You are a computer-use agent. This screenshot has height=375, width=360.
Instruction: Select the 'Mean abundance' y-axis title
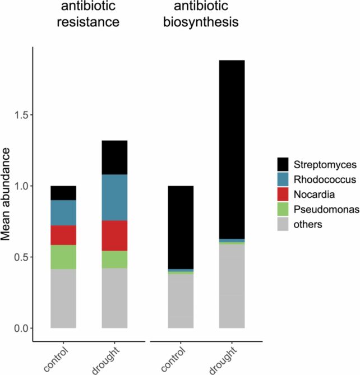[x=7, y=193]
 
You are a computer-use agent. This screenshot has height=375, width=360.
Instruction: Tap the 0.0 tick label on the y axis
[x=19, y=328]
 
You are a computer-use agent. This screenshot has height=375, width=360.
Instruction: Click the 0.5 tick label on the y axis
[x=19, y=257]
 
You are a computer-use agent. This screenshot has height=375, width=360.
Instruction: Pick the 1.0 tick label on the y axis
[x=19, y=186]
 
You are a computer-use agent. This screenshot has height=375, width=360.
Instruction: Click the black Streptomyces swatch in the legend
[x=283, y=165]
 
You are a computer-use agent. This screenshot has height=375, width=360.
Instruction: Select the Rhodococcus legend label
[x=325, y=180]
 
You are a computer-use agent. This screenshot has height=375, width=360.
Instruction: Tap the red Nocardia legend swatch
[x=283, y=195]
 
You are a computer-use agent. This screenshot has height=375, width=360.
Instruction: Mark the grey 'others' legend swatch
[x=283, y=224]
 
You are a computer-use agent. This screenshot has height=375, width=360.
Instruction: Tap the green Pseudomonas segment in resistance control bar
[x=63, y=257]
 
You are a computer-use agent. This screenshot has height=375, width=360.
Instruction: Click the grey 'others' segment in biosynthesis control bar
[x=181, y=300]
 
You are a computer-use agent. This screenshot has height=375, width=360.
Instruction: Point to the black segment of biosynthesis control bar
[x=181, y=227]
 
